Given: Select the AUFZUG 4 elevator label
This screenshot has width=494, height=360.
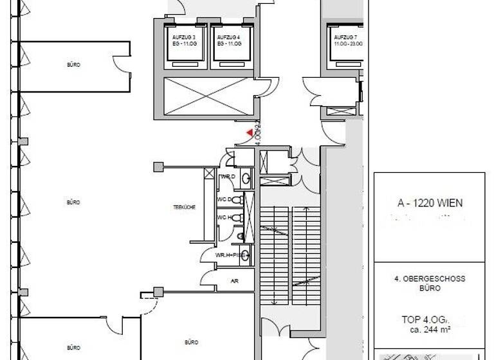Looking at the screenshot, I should (228, 38).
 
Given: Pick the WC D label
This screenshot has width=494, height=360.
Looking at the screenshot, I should (224, 199).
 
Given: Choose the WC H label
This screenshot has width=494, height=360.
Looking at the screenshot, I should (224, 218).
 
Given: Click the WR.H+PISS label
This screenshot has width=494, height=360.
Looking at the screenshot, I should (230, 255).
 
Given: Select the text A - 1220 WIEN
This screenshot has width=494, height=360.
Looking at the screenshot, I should (430, 203).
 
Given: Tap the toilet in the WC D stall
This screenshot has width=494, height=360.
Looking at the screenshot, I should (237, 200).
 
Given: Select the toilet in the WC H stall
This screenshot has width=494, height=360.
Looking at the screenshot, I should (237, 219).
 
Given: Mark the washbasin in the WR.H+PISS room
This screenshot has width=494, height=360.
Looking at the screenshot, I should (241, 237).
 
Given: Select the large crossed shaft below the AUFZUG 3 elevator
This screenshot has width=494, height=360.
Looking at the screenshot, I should (201, 96).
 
